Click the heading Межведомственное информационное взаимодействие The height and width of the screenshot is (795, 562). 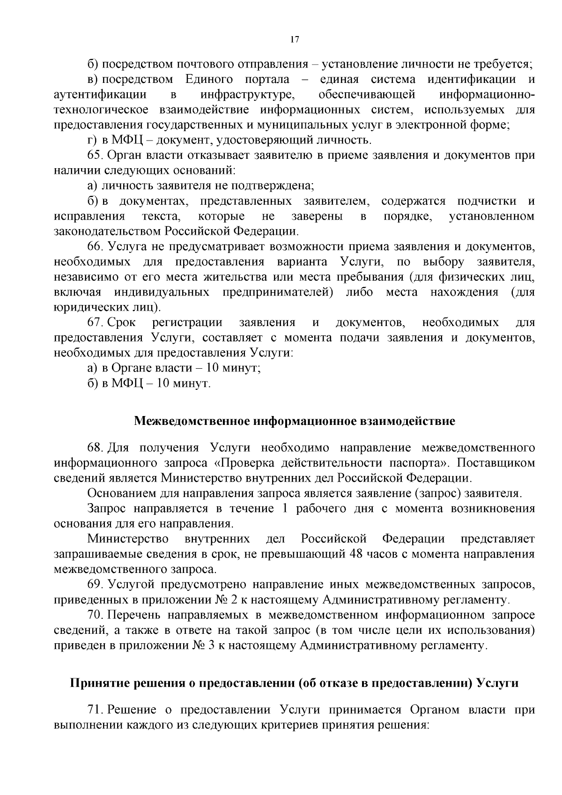click(294, 421)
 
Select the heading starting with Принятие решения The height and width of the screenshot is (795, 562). click(294, 683)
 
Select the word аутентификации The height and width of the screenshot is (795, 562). click(100, 95)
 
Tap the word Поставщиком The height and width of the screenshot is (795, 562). click(495, 463)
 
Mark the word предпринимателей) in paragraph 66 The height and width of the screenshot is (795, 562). click(277, 292)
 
